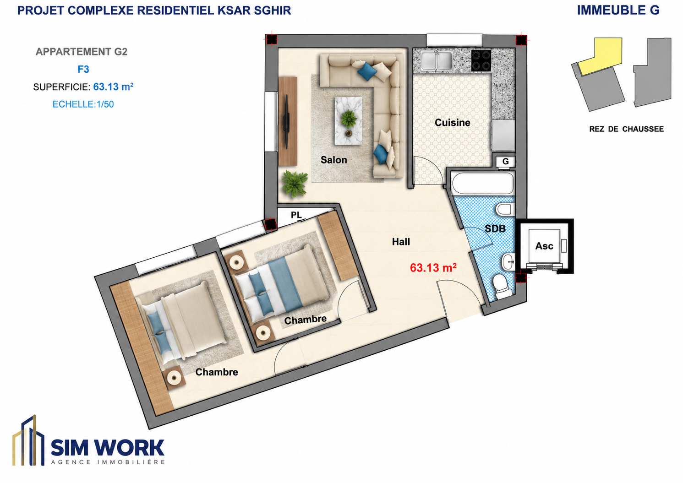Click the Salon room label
point(333,160)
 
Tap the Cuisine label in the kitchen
point(452,123)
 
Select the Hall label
point(401,242)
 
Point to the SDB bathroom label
point(495,228)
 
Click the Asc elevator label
point(544,245)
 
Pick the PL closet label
point(296,215)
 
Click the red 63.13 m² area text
point(433,267)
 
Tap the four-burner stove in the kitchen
point(481,60)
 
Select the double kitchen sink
point(437,60)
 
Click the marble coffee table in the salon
point(348,121)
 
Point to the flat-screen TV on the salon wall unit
point(286,121)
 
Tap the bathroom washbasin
point(508,261)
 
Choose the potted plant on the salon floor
point(295,184)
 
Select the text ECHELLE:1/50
point(83,104)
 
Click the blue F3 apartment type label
point(83,69)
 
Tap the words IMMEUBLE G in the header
point(618,11)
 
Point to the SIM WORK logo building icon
point(28,440)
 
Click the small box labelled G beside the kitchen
point(505,162)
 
